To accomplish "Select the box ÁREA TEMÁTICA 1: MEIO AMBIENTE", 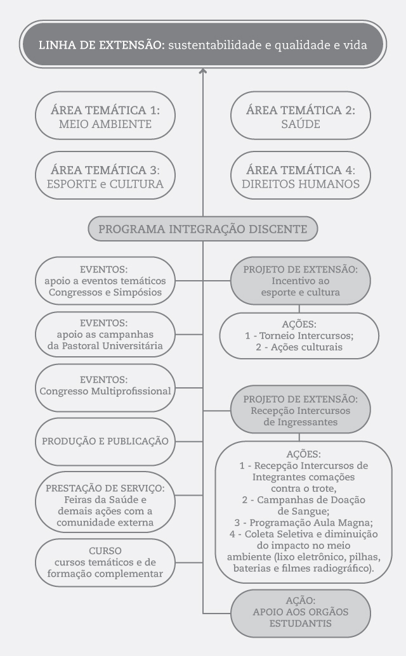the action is [105, 115].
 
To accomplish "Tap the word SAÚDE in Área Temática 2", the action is [301, 124].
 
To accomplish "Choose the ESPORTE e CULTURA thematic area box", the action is [105, 176].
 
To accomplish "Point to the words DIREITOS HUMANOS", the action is [301, 184].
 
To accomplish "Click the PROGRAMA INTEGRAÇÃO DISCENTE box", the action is [203, 229].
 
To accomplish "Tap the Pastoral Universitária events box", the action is [105, 334].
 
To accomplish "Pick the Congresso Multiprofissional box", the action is [105, 388].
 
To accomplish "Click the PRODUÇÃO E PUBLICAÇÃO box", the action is [105, 441].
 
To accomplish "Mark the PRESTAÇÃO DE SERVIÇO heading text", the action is [105, 488].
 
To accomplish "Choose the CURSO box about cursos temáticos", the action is [105, 562].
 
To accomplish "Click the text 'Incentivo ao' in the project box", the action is [301, 281].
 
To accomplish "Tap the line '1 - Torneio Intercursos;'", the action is [299, 335].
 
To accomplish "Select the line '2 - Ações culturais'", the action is [299, 347].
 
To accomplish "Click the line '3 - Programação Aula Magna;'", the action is [303, 522].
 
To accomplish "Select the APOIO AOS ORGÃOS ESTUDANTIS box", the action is [301, 614].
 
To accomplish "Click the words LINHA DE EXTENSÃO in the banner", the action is [101, 45].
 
